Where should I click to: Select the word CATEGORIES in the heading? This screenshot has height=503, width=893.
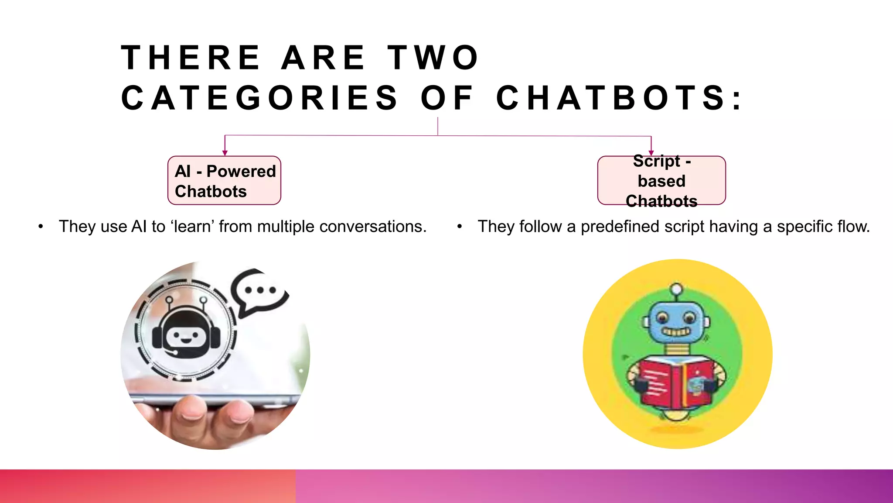259,98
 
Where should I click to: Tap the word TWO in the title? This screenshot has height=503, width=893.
434,58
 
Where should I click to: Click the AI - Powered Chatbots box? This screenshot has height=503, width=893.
224,181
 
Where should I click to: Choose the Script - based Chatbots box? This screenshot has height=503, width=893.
661,181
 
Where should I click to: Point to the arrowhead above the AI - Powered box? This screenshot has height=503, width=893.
225,153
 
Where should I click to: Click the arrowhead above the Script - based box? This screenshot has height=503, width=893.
651,153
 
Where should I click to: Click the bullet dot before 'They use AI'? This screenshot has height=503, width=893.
41,227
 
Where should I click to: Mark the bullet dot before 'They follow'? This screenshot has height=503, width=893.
460,227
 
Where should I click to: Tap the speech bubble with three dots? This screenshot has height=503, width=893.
259,292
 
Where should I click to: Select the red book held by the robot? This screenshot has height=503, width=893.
676,382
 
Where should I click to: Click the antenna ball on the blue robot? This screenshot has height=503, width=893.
676,289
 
